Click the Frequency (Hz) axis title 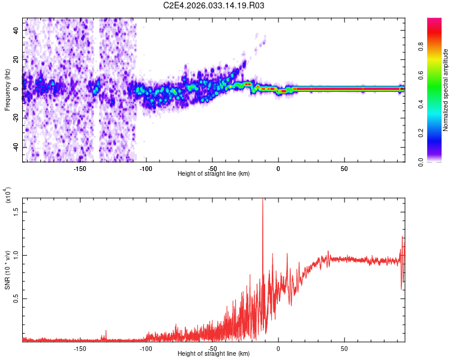(7, 91)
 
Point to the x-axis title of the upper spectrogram (214, 173)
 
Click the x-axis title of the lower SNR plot (214, 354)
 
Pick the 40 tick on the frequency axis (16, 30)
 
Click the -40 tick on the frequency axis (14, 147)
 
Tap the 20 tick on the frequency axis (16, 59)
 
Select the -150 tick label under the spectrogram (80, 169)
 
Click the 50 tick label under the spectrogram (344, 169)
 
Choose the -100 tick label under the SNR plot (146, 348)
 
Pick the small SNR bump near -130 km (106, 331)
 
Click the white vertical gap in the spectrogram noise (98, 90)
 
